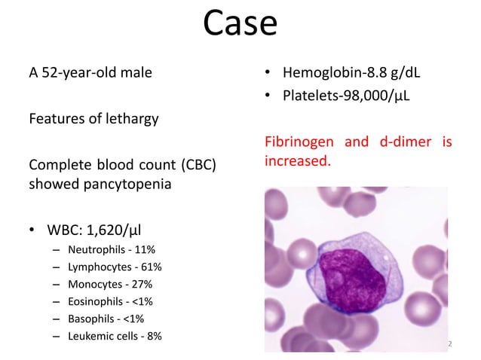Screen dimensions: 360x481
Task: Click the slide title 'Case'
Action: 240,24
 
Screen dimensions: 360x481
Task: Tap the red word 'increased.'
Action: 298,160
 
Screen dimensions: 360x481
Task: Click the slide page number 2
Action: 449,343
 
